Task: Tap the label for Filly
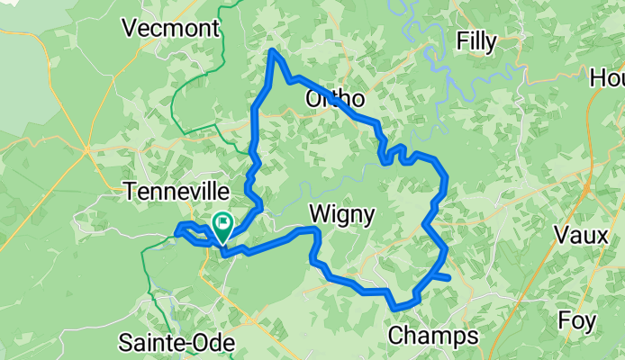(476, 40)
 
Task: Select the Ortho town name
(335, 98)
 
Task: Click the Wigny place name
(341, 213)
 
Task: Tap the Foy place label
(576, 320)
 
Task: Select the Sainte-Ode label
(177, 343)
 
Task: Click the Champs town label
(432, 337)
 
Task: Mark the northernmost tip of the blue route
(273, 51)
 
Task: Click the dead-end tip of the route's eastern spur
(448, 280)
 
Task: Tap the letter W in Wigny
(319, 213)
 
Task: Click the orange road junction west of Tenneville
(87, 148)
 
